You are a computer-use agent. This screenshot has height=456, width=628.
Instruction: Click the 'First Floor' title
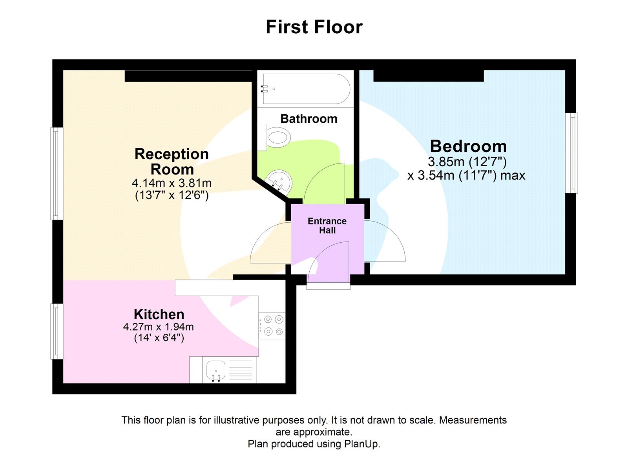[x=314, y=27]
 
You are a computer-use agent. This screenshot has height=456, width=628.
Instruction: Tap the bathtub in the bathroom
[x=306, y=89]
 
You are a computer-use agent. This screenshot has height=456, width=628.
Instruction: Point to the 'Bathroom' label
[x=309, y=119]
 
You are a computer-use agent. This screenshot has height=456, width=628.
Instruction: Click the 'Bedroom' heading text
[x=468, y=146]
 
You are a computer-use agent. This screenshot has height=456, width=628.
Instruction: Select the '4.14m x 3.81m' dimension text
[x=172, y=183]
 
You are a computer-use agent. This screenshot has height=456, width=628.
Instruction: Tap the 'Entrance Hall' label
[x=327, y=226]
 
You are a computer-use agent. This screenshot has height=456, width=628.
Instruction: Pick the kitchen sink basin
[x=215, y=370]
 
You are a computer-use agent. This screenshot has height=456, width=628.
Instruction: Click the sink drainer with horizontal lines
[x=240, y=370]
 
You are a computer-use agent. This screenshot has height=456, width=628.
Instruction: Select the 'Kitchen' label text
[x=159, y=314]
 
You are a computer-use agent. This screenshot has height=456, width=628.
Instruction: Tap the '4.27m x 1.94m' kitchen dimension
[x=158, y=327]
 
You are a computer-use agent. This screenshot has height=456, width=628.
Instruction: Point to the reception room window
[x=57, y=174]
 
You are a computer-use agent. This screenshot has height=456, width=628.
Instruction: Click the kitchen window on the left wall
[x=57, y=331]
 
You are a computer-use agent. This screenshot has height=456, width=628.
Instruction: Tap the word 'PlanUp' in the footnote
[x=361, y=444]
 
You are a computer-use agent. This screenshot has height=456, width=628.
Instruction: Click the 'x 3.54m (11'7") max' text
[x=466, y=175]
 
